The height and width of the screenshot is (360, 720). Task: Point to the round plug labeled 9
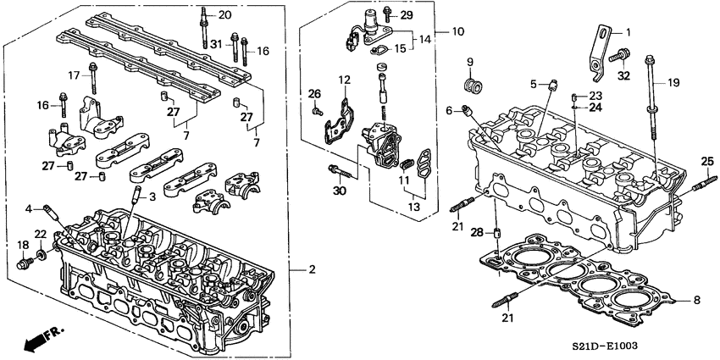(x=474, y=87)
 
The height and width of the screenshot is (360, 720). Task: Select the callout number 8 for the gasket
(x=696, y=299)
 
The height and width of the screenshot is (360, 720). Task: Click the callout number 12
(x=344, y=80)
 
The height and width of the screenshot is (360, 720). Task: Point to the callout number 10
(x=457, y=32)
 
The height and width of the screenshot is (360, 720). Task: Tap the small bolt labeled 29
(x=386, y=14)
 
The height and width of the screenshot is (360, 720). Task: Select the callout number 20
(x=224, y=15)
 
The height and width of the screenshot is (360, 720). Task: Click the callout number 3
(x=152, y=197)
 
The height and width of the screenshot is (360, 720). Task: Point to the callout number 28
(x=477, y=232)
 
